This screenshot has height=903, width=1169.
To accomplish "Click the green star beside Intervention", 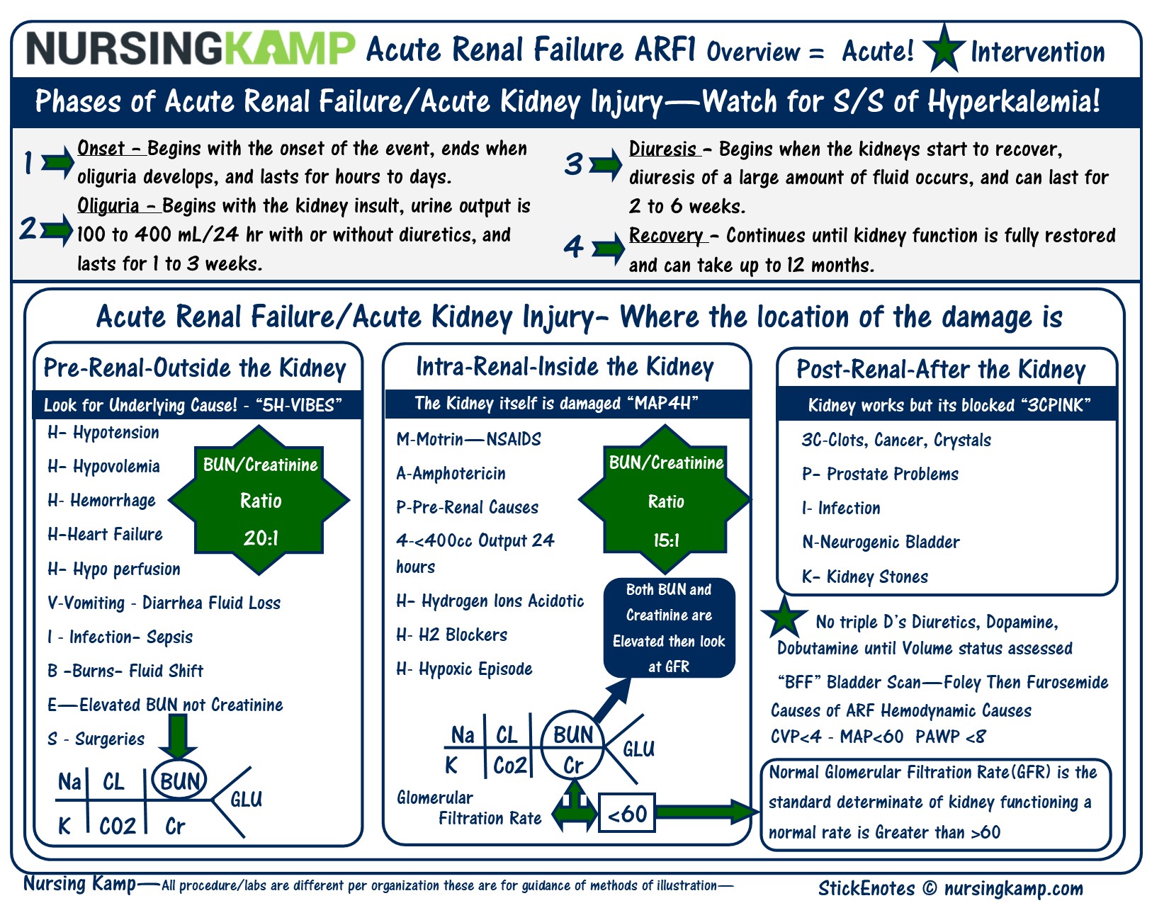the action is [x=944, y=48].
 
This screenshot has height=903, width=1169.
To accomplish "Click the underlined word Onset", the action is [x=101, y=149].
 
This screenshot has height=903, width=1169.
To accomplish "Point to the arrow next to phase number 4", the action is [x=608, y=249].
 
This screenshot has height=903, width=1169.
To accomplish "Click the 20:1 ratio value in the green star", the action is [x=261, y=538].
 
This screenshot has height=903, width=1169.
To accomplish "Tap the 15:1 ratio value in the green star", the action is [x=666, y=541].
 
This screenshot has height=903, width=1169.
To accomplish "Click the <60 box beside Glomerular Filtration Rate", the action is [x=627, y=814].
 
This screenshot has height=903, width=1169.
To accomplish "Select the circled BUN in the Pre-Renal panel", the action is [x=179, y=781].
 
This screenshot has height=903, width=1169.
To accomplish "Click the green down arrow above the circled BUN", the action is [x=177, y=737].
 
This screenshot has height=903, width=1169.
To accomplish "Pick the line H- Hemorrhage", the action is [x=101, y=501].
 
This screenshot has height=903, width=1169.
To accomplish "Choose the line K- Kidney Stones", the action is [x=864, y=577].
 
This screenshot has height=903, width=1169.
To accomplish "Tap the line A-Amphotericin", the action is [x=451, y=473].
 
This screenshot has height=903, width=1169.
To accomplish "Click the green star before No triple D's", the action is [x=783, y=616].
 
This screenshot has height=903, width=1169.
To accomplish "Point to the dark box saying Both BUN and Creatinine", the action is [x=669, y=628].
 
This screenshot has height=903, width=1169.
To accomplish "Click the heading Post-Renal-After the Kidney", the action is [x=941, y=369].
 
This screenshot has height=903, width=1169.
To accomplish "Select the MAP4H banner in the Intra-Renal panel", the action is [x=567, y=404].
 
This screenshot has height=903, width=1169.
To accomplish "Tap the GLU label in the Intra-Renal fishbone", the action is [x=638, y=749].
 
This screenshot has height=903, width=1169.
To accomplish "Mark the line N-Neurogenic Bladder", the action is [x=881, y=543].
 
